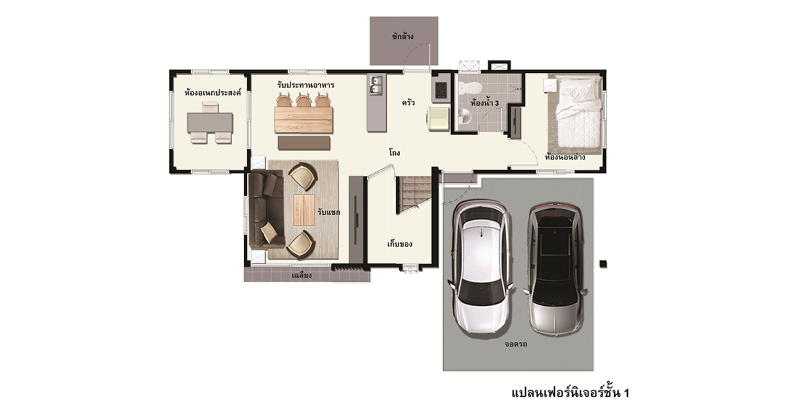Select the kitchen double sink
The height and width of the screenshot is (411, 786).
coord(376,85)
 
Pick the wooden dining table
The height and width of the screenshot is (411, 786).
coord(303,119)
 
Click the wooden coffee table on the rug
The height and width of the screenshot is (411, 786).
coord(304,210)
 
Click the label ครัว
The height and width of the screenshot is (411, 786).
coord(408,103)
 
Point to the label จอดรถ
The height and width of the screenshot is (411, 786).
coord(516,344)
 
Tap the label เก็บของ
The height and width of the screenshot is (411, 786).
coord(399,245)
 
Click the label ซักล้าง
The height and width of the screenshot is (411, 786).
coord(403,37)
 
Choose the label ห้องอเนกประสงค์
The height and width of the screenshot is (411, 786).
coord(213,93)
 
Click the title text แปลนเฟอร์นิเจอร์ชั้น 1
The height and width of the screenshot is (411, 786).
coord(571,393)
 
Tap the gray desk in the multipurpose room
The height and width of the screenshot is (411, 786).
coord(210,123)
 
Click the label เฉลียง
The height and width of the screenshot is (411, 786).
coord(301,275)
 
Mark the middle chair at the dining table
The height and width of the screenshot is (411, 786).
coord(304,99)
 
